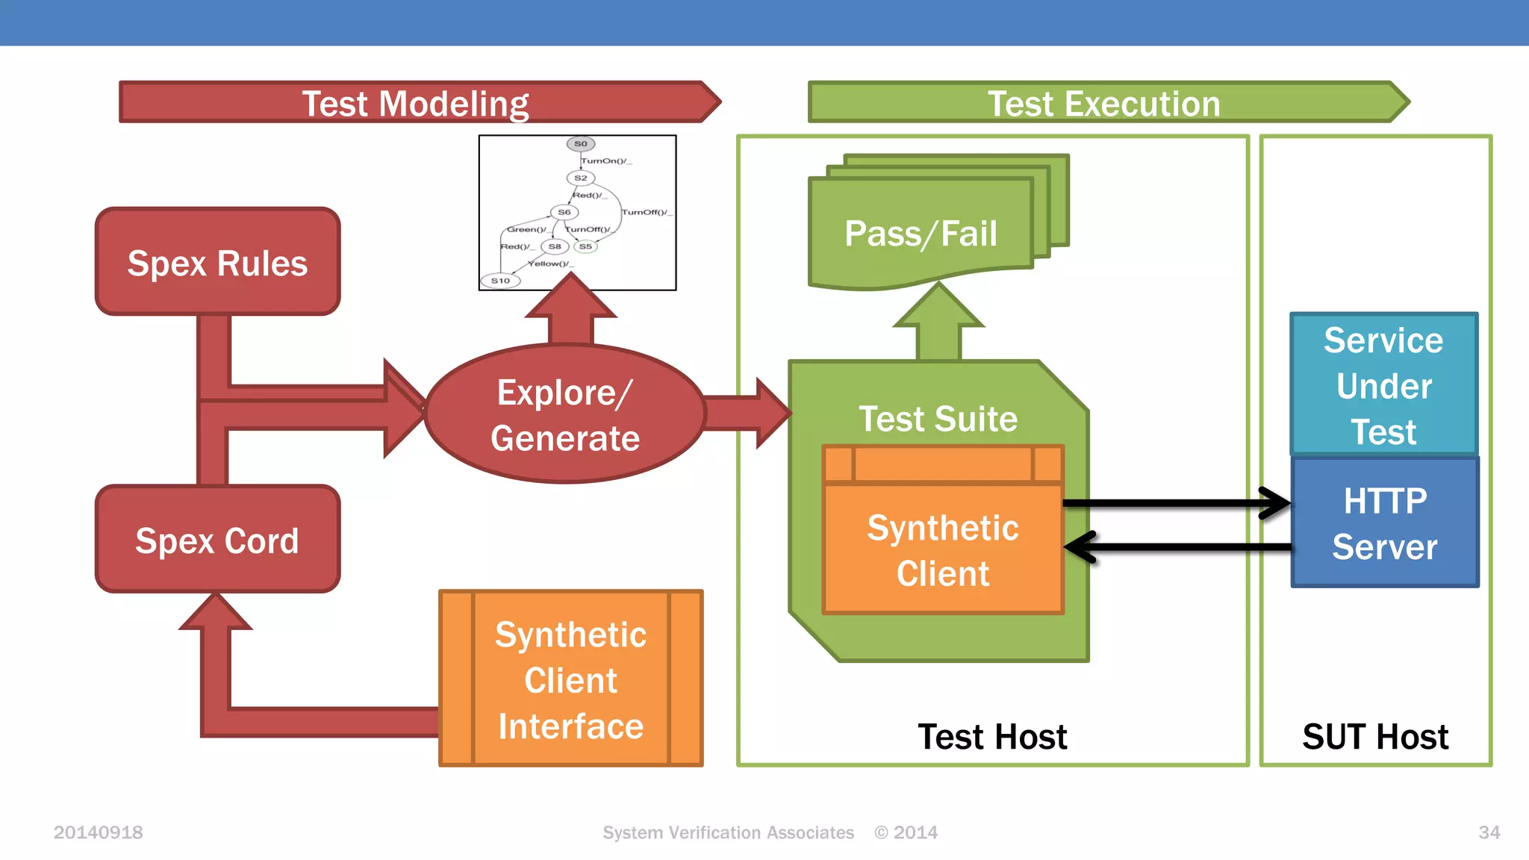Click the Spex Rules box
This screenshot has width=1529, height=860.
point(217,262)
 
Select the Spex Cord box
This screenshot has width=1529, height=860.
point(217,540)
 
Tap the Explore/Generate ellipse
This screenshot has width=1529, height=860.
point(565,414)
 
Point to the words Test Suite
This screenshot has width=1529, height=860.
point(938,418)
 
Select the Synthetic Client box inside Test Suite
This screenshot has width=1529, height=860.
point(943,550)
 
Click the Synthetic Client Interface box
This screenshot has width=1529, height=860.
point(570,679)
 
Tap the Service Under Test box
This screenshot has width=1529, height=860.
point(1383,385)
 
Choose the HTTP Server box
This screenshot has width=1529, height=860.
point(1385,523)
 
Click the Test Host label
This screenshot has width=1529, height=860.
point(992,737)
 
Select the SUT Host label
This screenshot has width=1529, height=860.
point(1375,737)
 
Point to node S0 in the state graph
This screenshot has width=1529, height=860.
point(581,143)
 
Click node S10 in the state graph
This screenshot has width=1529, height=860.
point(500,281)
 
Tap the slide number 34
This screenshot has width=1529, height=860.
point(1489,832)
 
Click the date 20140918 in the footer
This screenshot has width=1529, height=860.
point(98,832)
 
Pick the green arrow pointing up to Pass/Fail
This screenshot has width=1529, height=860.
point(938,325)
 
